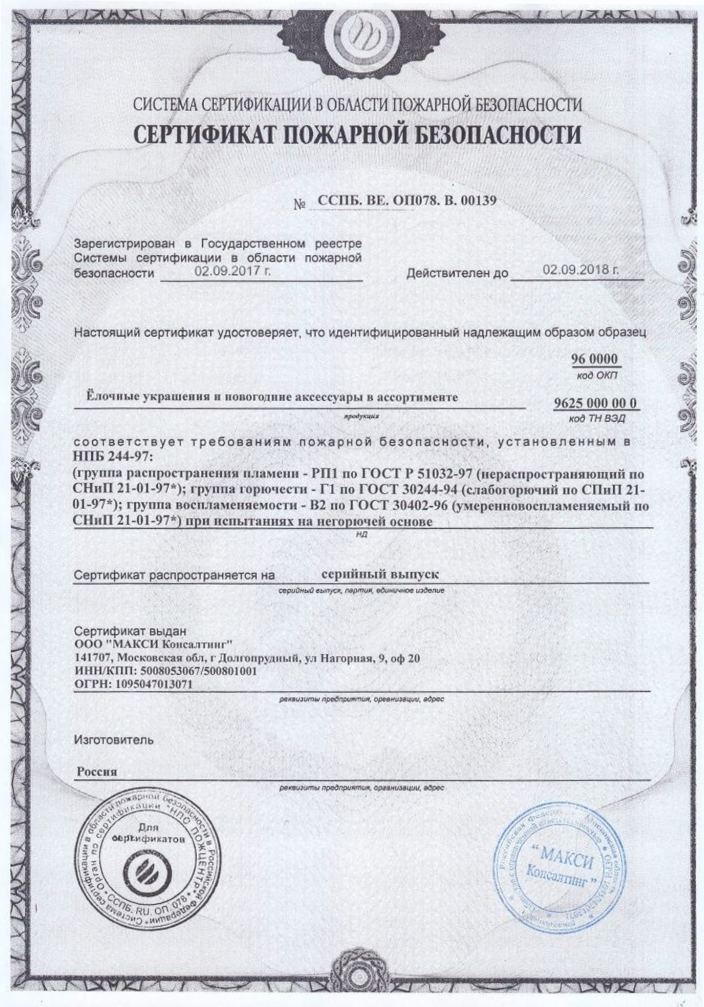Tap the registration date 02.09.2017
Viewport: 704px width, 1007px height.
pyautogui.click(x=232, y=270)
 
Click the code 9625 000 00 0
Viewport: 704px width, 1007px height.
pyautogui.click(x=595, y=404)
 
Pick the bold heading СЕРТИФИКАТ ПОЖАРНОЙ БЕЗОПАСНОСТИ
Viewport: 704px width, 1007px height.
pyautogui.click(x=357, y=135)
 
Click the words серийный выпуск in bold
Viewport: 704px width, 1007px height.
pyautogui.click(x=380, y=574)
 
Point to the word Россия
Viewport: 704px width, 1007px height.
pyautogui.click(x=97, y=772)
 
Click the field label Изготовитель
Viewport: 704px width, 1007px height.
pyautogui.click(x=114, y=739)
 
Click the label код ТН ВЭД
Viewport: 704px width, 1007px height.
pyautogui.click(x=596, y=418)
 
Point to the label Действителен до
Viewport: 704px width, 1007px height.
pyautogui.click(x=457, y=273)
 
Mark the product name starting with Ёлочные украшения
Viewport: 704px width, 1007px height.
pyautogui.click(x=272, y=397)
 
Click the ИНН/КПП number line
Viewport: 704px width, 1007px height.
pyautogui.click(x=166, y=671)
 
